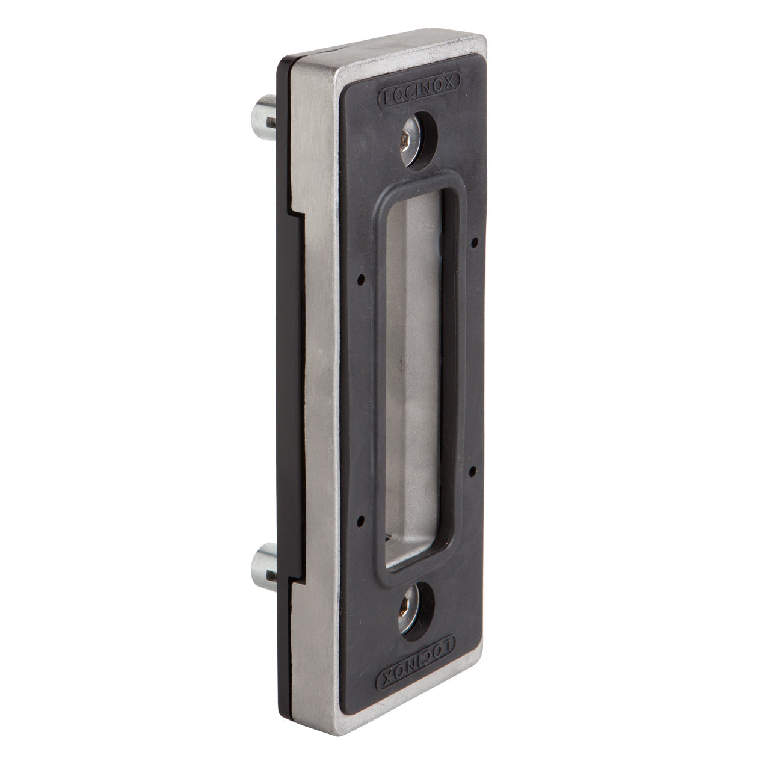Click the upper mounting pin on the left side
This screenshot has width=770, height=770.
(x=263, y=118)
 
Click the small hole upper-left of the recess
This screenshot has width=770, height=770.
(x=361, y=279)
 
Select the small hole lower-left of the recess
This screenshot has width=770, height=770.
(x=360, y=520)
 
